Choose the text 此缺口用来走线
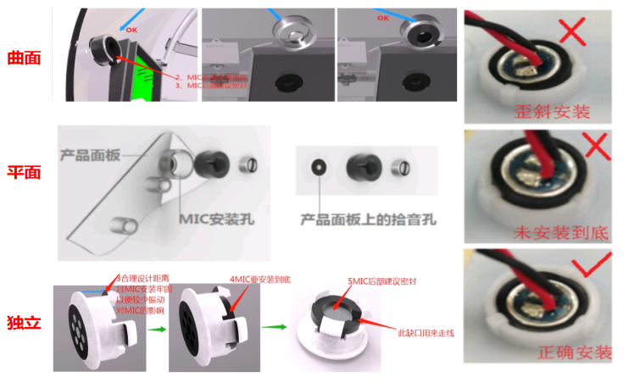coord(426,332)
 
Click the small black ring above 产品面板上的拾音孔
coord(318,168)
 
